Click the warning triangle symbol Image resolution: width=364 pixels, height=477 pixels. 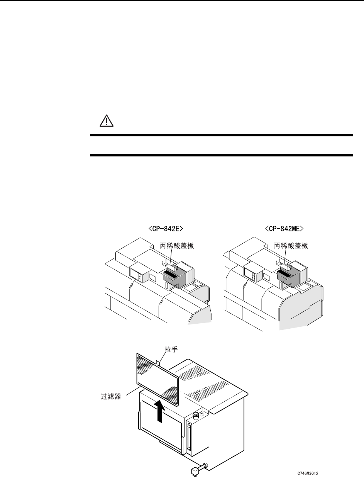(x=104, y=121)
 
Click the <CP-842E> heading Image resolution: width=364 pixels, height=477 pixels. (x=166, y=229)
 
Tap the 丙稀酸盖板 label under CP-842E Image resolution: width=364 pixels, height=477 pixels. (x=177, y=246)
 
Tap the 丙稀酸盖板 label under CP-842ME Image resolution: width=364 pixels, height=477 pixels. (x=291, y=246)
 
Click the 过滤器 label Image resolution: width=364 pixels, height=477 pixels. (x=108, y=397)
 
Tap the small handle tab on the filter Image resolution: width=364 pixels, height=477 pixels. (x=159, y=363)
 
